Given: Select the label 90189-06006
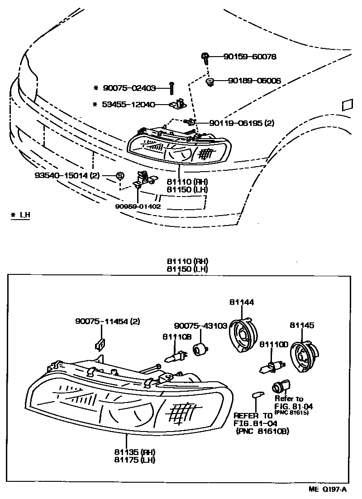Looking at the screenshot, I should coord(254,81).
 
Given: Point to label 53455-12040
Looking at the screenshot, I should coord(130,105).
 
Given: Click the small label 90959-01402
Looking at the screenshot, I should coord(138,206).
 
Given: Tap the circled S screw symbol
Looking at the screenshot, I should coord(120,175).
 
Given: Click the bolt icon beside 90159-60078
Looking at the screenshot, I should coord(205,58).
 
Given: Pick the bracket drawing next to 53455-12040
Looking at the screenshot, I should coord(179,105).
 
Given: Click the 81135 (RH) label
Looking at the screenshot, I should coord(134,452).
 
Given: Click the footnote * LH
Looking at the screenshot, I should coord(20,216).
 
